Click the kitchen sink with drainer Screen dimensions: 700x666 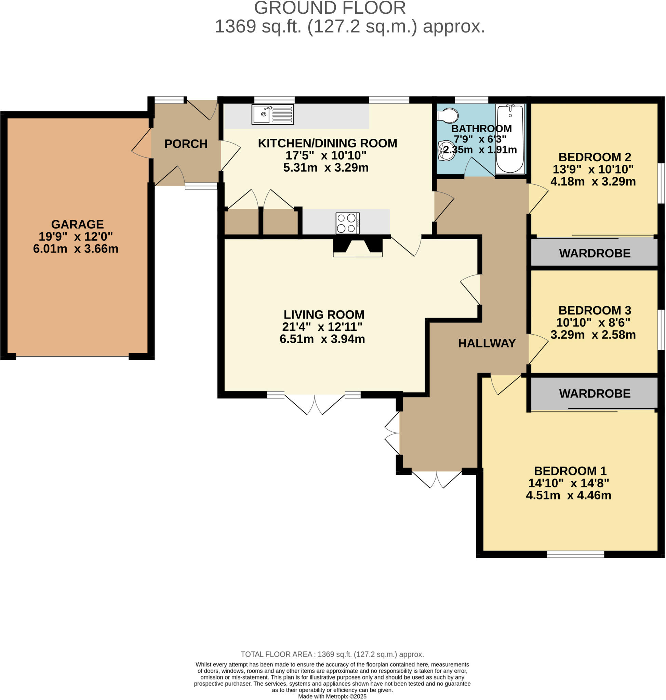click(x=272, y=114)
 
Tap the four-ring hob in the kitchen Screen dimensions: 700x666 click(x=347, y=223)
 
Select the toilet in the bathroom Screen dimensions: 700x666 click(x=448, y=116)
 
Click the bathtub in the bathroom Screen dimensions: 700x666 click(x=510, y=139)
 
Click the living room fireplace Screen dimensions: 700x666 click(x=358, y=247)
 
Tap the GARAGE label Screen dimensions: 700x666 click(x=77, y=224)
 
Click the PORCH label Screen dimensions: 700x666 click(x=186, y=144)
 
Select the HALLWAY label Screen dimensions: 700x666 click(x=487, y=343)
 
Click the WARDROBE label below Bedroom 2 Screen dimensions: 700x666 click(x=594, y=253)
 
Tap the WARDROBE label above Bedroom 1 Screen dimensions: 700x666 click(x=594, y=393)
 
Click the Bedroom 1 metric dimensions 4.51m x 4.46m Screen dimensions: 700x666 click(x=568, y=495)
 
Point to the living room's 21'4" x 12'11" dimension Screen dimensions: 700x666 click(x=322, y=326)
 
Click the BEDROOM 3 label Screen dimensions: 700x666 click(x=594, y=310)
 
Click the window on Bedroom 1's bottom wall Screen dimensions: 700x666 click(x=575, y=554)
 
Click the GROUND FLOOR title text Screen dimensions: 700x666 click(x=330, y=8)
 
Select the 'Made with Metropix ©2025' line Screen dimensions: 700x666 click(x=332, y=697)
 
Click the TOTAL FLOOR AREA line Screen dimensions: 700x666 click(x=332, y=654)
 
